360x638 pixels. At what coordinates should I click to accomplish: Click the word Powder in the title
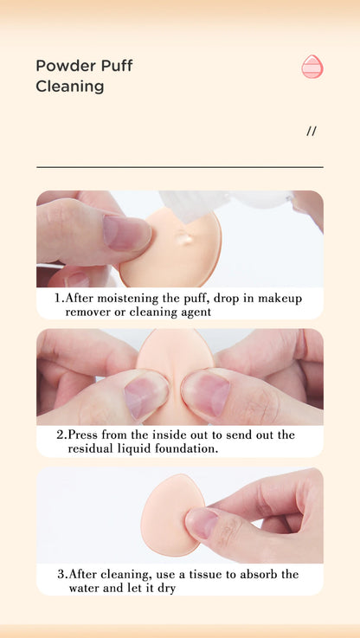(61, 66)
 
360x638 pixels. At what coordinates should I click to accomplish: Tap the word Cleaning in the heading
(69, 87)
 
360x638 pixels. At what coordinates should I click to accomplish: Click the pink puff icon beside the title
(312, 67)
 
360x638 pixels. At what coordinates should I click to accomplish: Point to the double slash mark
(312, 131)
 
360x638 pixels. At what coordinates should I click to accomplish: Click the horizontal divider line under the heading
(180, 167)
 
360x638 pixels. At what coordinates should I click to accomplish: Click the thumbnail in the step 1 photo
(126, 232)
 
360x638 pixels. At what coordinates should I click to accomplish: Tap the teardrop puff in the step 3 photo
(170, 515)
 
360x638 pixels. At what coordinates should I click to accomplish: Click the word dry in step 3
(167, 590)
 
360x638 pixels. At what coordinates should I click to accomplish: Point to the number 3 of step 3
(61, 575)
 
